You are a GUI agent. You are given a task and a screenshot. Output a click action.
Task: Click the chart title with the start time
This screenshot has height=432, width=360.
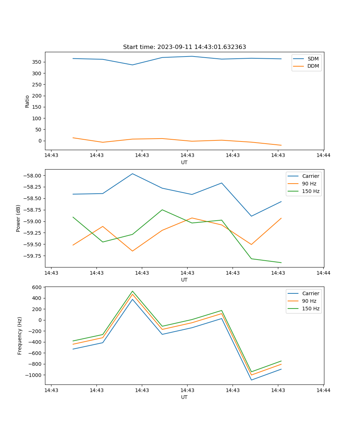coord(184,47)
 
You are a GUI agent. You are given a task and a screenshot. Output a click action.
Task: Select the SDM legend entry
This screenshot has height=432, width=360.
coord(313,59)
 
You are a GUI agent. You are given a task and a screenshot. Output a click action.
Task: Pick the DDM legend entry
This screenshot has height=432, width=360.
coord(313,66)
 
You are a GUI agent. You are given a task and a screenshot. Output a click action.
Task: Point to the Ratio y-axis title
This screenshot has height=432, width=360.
coord(27,101)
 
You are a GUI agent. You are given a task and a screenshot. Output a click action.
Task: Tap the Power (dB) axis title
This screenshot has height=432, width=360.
coord(18,218)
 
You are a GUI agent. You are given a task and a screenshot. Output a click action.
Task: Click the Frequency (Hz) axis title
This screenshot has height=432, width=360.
coord(20,336)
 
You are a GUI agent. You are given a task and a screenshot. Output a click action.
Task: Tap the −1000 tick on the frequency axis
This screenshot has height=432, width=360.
coord(34,375)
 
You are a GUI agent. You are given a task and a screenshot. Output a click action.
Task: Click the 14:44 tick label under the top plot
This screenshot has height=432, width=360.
coord(323,156)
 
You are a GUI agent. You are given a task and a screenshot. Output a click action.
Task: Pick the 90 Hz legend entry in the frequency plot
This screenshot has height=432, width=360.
coord(309,301)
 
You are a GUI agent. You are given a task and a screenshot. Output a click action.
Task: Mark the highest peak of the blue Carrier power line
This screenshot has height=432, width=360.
coord(132,174)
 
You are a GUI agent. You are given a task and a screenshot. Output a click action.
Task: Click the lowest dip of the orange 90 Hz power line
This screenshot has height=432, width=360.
coord(132,251)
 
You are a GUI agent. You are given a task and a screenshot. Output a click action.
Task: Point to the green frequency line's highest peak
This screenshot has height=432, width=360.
coord(132,291)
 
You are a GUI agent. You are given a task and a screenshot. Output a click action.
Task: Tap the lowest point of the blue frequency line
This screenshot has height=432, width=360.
coord(251,380)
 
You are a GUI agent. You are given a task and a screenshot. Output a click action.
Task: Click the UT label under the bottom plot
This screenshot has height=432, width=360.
coord(184,397)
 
